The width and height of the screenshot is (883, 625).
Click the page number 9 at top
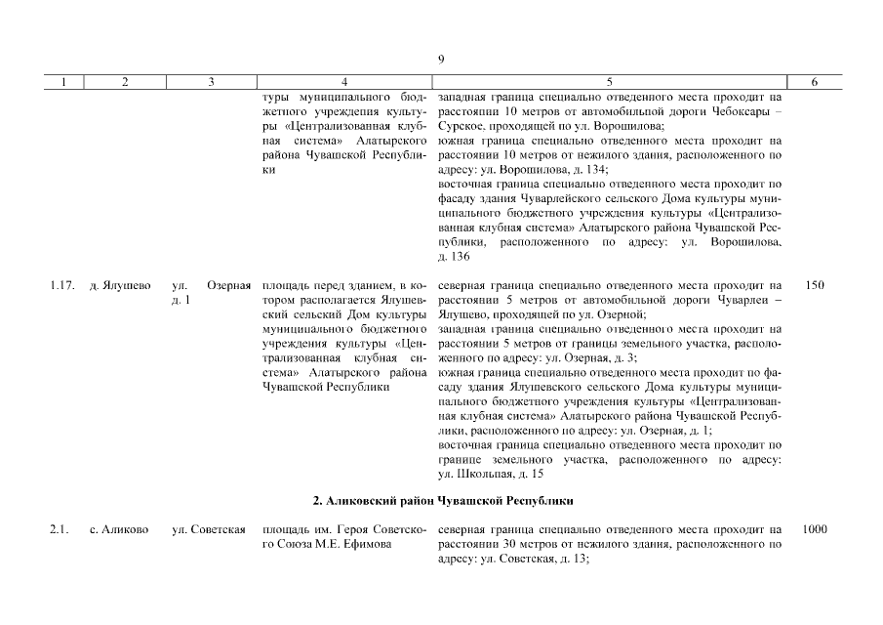pyautogui.click(x=441, y=60)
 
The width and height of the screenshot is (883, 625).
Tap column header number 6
pyautogui.click(x=814, y=83)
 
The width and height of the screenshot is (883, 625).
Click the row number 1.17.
pyautogui.click(x=60, y=285)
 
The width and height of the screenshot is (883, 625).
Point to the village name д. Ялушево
pyautogui.click(x=119, y=285)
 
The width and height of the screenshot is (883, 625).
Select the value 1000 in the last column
pyautogui.click(x=814, y=529)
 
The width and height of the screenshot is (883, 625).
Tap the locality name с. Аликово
pyautogui.click(x=119, y=529)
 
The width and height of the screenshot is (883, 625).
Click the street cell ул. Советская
pyautogui.click(x=207, y=529)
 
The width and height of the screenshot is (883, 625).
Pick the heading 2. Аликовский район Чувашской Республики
pyautogui.click(x=441, y=500)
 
